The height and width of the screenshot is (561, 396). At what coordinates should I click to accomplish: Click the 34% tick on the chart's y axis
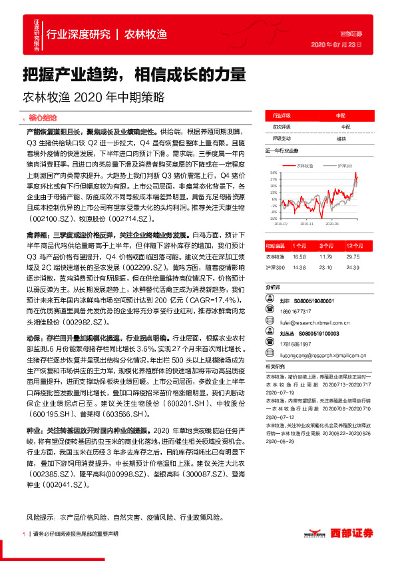272,172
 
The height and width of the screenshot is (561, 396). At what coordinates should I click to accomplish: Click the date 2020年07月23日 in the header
335,45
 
